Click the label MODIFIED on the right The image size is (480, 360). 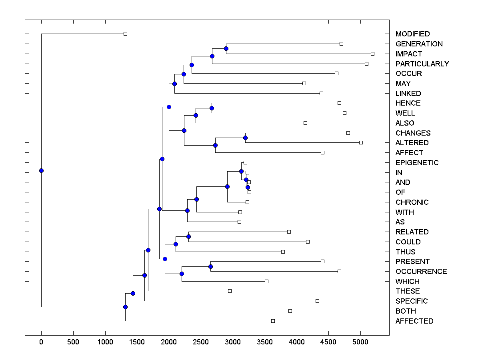click(412, 34)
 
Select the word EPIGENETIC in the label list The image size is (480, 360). click(417, 163)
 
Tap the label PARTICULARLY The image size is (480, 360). click(422, 64)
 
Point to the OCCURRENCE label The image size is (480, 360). click(421, 272)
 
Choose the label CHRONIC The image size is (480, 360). click(412, 202)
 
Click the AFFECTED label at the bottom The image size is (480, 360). click(414, 321)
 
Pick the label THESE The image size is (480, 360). click(408, 291)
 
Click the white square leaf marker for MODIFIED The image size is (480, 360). click(125, 34)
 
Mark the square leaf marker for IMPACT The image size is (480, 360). click(372, 54)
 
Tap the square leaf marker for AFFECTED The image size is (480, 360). click(273, 321)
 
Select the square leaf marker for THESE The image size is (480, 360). click(230, 291)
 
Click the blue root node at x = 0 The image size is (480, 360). click(41, 170)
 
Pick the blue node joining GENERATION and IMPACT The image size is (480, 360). click(226, 48)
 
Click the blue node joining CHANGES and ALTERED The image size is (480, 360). click(245, 138)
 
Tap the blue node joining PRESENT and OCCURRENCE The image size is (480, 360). click(210, 266)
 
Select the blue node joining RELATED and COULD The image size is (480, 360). click(188, 237)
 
